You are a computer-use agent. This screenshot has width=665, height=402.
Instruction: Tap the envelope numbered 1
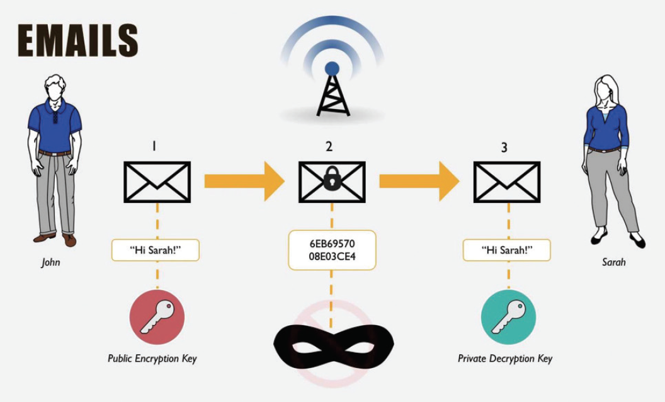[x=157, y=182]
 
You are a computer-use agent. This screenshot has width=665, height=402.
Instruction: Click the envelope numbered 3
[x=507, y=182]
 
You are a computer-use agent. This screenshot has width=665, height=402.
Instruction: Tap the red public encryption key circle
[x=157, y=318]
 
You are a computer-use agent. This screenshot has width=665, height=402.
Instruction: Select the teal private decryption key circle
[x=508, y=318]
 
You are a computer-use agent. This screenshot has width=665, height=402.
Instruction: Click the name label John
[x=51, y=261]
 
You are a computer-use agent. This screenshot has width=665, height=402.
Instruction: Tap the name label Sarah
[x=613, y=261]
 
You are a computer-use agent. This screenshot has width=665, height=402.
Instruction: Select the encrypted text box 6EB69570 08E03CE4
[x=332, y=250]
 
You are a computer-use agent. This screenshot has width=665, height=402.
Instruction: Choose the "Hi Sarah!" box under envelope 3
[x=507, y=250]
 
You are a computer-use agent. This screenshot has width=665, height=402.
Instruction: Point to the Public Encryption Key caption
[x=152, y=359]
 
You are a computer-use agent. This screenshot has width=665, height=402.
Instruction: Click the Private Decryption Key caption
[x=505, y=359]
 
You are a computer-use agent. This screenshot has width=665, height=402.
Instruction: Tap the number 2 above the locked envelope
[x=329, y=147]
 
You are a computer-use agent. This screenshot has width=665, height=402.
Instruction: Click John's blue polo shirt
[x=55, y=126]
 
